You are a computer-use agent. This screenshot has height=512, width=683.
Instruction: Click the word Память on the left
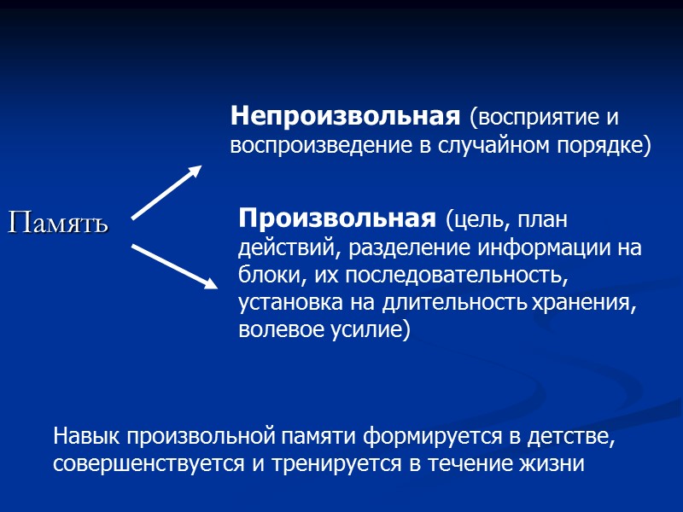click(x=59, y=223)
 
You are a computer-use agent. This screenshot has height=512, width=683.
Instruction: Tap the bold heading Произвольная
click(x=336, y=218)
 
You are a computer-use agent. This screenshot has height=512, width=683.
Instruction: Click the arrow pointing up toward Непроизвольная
click(x=166, y=191)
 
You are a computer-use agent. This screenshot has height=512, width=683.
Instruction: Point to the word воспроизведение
click(x=323, y=146)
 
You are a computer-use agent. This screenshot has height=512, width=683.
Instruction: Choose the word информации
click(x=545, y=248)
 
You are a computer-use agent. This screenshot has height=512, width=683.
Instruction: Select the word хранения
click(x=586, y=302)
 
